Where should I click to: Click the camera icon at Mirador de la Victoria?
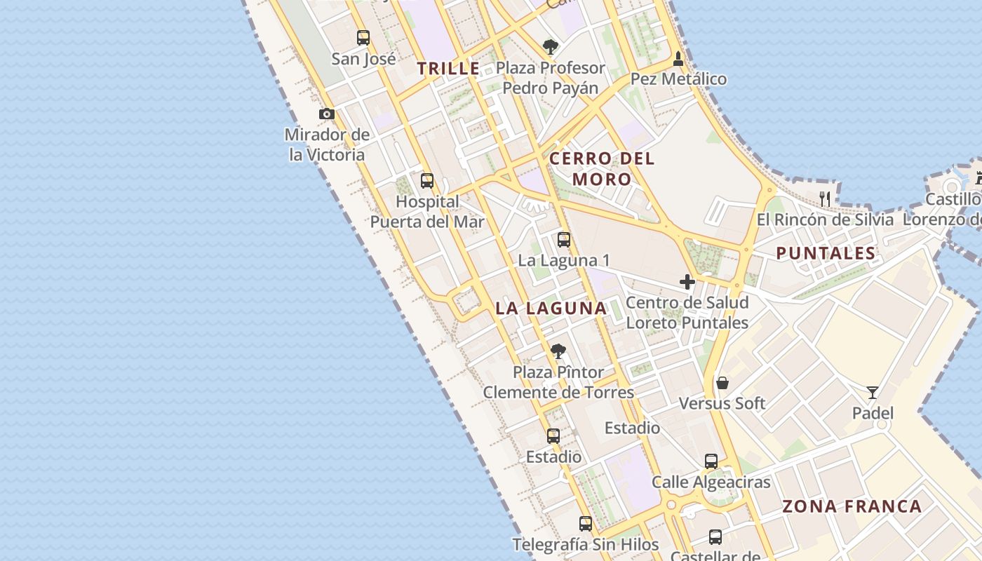pyautogui.click(x=326, y=114)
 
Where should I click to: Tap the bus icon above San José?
pyautogui.click(x=363, y=38)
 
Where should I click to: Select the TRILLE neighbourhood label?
pyautogui.click(x=449, y=69)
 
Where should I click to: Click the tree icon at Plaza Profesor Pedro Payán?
pyautogui.click(x=551, y=47)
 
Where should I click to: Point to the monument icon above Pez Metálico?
pyautogui.click(x=678, y=58)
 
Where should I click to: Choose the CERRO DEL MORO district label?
pyautogui.click(x=602, y=168)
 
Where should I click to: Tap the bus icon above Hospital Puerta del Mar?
pyautogui.click(x=426, y=181)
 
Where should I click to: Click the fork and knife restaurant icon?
pyautogui.click(x=825, y=198)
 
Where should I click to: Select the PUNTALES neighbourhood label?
pyautogui.click(x=826, y=253)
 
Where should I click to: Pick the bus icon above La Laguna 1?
pyautogui.click(x=563, y=240)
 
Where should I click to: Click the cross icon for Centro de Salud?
pyautogui.click(x=687, y=282)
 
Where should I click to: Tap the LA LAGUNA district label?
pyautogui.click(x=551, y=308)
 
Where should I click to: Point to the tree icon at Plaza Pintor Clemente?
pyautogui.click(x=558, y=351)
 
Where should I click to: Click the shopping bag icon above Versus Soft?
pyautogui.click(x=722, y=383)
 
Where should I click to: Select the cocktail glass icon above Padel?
pyautogui.click(x=872, y=393)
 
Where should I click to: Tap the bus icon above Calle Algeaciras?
pyautogui.click(x=711, y=461)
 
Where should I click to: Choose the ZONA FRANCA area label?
pyautogui.click(x=852, y=506)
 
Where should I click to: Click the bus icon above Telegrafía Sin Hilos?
pyautogui.click(x=585, y=523)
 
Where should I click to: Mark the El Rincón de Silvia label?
pyautogui.click(x=825, y=219)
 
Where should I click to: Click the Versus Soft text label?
pyautogui.click(x=722, y=403)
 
